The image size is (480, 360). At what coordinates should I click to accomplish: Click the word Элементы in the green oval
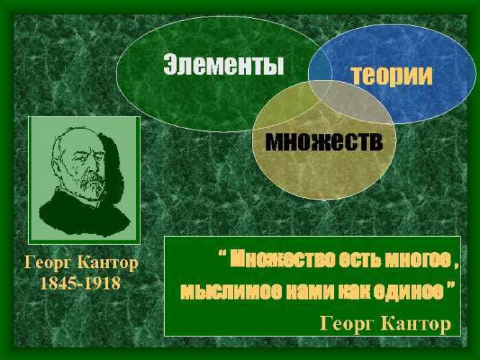224,64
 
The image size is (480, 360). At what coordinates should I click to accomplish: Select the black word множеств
324,142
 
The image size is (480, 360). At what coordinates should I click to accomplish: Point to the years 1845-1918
81,283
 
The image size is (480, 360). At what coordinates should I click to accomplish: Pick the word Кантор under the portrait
108,264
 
